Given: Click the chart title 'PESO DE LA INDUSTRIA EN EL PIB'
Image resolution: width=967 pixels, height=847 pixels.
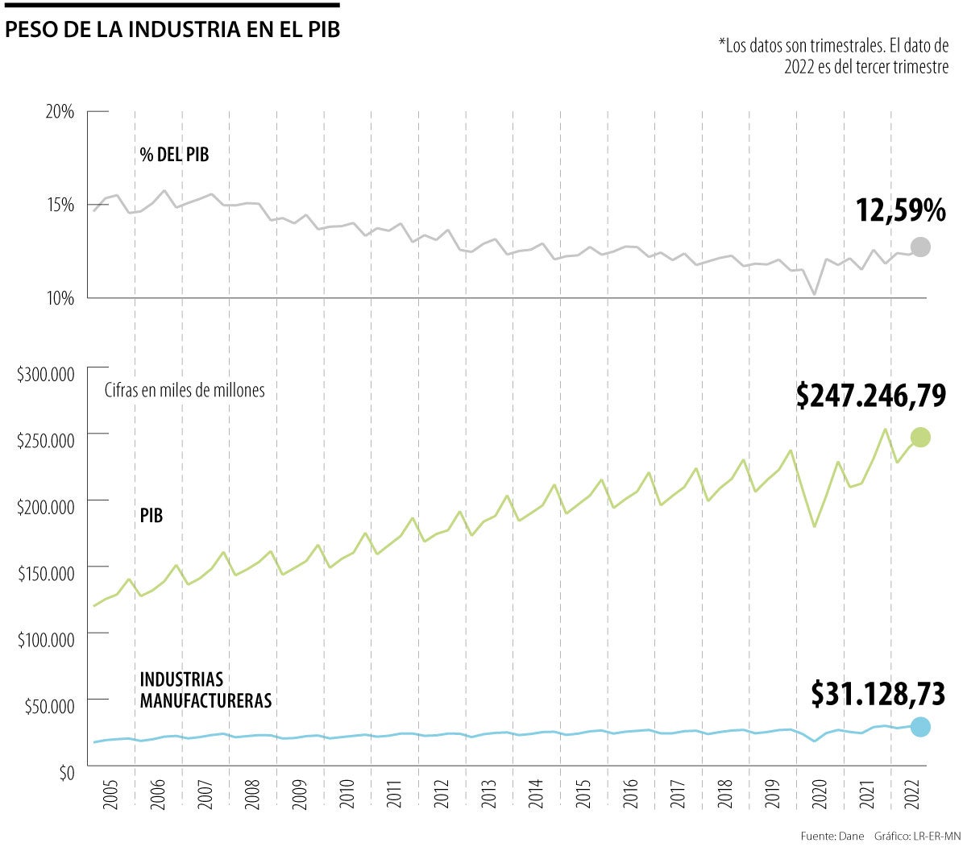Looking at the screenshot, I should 172,31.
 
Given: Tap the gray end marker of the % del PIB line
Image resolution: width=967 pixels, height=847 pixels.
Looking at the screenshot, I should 920,247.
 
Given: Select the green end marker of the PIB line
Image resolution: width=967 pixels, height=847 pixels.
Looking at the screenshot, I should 920,438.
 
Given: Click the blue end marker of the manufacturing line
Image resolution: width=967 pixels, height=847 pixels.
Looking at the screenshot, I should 920,727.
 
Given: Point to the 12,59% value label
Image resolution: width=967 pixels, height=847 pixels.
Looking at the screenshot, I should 900,211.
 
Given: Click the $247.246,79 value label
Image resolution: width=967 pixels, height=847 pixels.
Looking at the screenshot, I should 870,396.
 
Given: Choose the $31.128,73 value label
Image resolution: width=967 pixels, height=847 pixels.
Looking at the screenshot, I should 878,694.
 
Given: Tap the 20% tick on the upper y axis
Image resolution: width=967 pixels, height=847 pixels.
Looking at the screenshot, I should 59,112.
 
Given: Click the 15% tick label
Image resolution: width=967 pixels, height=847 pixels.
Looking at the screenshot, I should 59,205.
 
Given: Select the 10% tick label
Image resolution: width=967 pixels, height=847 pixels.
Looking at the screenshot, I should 59,298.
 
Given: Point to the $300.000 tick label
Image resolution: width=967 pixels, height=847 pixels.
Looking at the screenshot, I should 45,374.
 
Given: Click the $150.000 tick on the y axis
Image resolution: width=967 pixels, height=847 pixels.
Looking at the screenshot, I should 45,574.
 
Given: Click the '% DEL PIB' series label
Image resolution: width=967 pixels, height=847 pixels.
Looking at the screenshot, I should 174,155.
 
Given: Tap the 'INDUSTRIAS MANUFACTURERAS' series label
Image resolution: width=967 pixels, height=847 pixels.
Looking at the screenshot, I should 205,690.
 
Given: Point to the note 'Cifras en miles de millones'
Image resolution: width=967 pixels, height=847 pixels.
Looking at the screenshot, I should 185,390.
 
